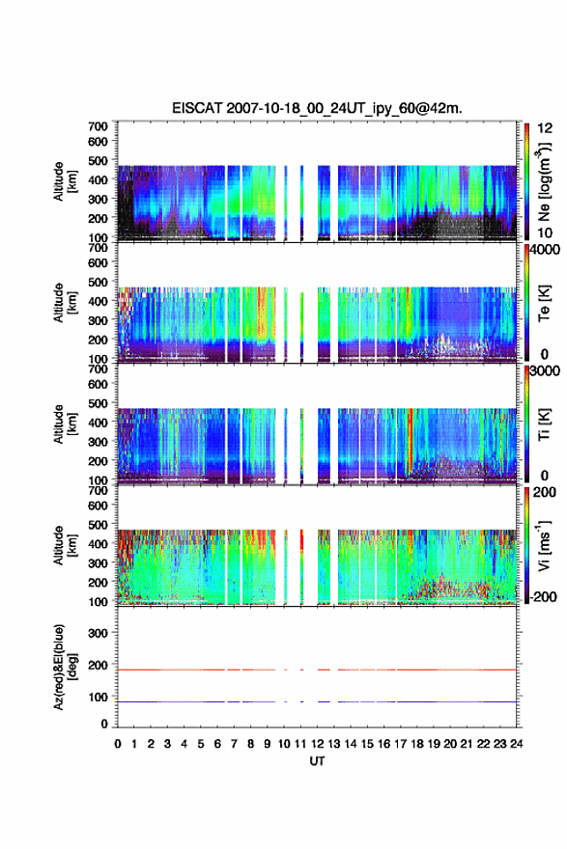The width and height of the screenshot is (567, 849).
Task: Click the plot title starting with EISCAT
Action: point(317,108)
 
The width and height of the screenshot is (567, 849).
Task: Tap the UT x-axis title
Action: point(317,761)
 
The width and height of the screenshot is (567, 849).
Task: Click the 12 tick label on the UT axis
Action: point(317,744)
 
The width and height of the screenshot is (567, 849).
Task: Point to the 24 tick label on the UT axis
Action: point(516,744)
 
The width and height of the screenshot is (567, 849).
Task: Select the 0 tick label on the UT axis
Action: point(118,744)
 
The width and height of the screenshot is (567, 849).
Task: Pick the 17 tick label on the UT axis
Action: point(400,744)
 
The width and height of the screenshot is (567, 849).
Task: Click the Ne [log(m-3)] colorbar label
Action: point(544,181)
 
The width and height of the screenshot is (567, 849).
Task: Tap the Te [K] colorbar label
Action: point(544,303)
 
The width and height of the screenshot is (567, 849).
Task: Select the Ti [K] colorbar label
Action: point(544,424)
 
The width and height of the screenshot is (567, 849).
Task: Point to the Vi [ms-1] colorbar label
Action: point(544,545)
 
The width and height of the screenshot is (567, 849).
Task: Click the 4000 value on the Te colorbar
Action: point(545,250)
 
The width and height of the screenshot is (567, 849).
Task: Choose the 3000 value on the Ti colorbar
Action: point(545,371)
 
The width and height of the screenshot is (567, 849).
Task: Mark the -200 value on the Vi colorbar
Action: point(541,596)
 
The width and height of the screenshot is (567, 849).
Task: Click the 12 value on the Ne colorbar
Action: point(546,128)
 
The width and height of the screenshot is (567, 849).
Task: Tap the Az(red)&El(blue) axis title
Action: point(63,667)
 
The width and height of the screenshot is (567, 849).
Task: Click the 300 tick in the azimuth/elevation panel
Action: point(98,633)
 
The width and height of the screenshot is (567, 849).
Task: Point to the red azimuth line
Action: point(317,670)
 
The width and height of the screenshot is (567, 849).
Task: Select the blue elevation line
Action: point(317,701)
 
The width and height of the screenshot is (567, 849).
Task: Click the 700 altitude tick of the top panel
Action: point(98,126)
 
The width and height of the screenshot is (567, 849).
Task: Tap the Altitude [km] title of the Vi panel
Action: point(63,545)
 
